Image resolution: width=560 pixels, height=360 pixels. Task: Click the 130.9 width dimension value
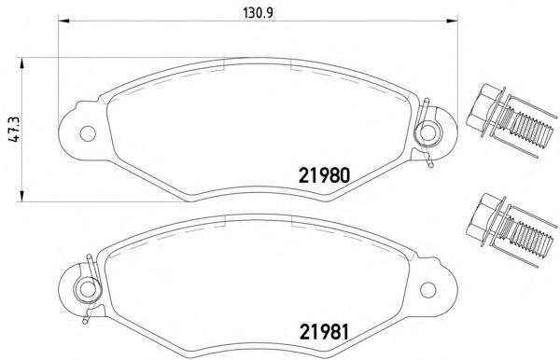[x=258, y=13]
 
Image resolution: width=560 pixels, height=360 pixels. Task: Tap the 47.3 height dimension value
[x=15, y=129]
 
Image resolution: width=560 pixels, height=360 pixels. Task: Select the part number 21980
[x=324, y=175]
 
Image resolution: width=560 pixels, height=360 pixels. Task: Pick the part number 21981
[x=324, y=332]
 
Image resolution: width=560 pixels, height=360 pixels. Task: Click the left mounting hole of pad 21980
[x=88, y=133]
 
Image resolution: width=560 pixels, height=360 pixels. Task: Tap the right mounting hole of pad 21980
[x=427, y=132]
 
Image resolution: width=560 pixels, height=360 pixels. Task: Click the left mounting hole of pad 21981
[x=87, y=289]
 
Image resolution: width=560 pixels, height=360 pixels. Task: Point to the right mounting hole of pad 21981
[x=427, y=290]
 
